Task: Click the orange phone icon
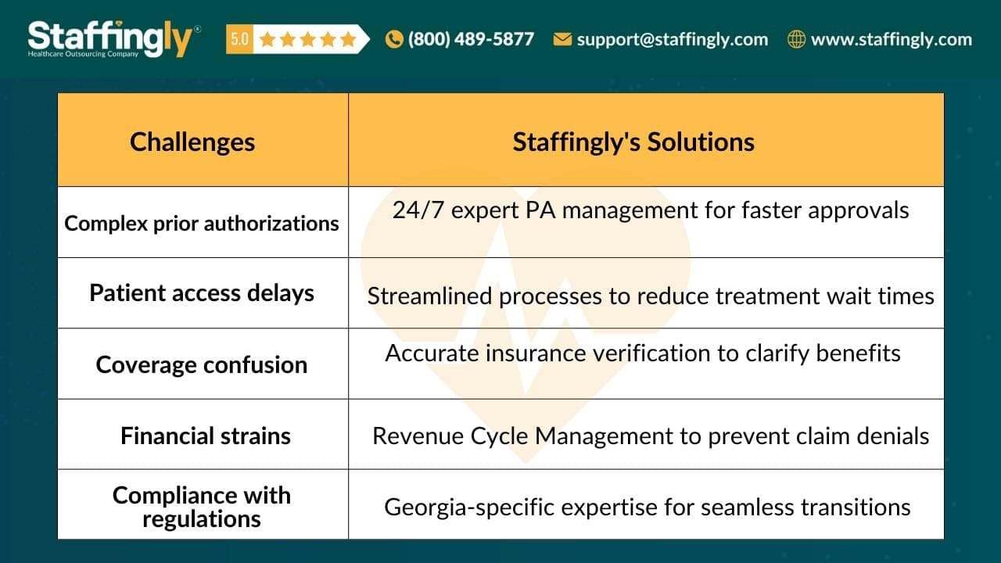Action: tap(394, 39)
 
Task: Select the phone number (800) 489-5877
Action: tap(471, 39)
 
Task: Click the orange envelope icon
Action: tap(562, 39)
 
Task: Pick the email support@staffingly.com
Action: tap(672, 39)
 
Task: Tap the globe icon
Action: tap(796, 39)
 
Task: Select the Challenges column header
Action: tap(192, 142)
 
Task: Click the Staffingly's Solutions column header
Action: tap(633, 142)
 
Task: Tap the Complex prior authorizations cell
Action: tap(202, 224)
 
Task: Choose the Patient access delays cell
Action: tap(202, 293)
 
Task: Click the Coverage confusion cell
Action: tap(202, 364)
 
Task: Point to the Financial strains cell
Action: tap(205, 436)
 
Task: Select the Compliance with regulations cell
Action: tap(202, 507)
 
